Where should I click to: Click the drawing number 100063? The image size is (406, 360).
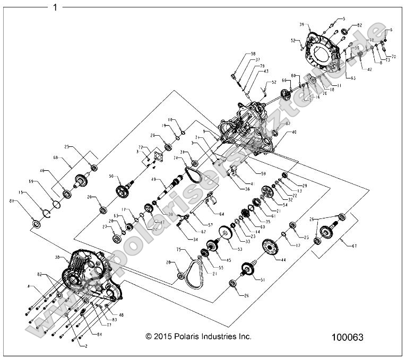[x=347, y=337]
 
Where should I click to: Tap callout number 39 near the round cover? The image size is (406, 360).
[x=301, y=25]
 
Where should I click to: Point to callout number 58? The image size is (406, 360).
[x=253, y=54]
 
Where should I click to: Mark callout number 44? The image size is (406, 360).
[x=283, y=260]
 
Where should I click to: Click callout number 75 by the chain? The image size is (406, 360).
[x=179, y=249]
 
